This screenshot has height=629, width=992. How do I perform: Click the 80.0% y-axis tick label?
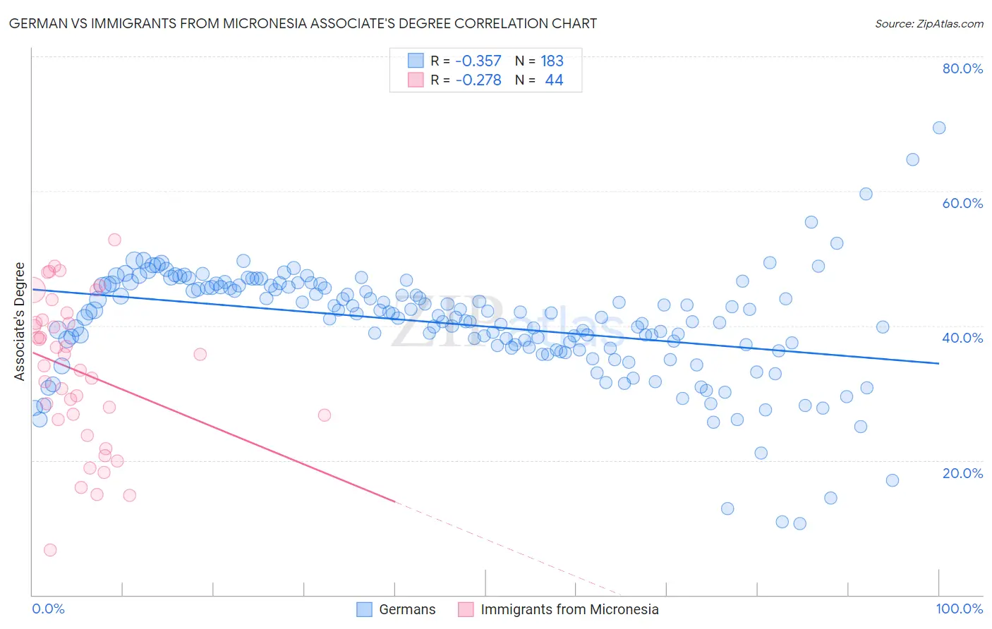tap(962, 68)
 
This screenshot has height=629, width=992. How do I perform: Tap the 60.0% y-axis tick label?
tap(962, 203)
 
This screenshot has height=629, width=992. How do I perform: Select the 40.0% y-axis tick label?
tap(962, 338)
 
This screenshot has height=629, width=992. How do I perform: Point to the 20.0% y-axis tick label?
tap(962, 473)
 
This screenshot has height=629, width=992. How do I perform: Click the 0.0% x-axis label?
tap(48, 609)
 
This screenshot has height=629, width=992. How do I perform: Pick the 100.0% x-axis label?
tap(960, 609)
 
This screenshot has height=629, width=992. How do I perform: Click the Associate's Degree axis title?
tap(20, 321)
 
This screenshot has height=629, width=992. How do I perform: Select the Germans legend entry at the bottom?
tap(407, 609)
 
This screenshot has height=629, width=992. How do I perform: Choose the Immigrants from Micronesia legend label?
tap(569, 609)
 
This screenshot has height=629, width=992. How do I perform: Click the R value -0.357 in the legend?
tap(478, 61)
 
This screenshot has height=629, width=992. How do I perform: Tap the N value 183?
tap(552, 61)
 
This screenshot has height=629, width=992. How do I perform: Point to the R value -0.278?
tap(478, 80)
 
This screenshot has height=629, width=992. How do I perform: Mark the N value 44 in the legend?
tap(554, 80)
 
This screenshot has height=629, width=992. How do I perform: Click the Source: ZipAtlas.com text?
tap(929, 23)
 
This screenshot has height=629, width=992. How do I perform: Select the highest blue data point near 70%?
tap(939, 128)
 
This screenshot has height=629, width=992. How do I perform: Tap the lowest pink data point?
tap(50, 550)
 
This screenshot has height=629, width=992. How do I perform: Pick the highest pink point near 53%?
tap(114, 240)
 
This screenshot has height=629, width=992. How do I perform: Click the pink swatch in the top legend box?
tap(416, 80)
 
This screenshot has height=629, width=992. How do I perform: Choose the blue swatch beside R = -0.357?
tap(416, 61)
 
